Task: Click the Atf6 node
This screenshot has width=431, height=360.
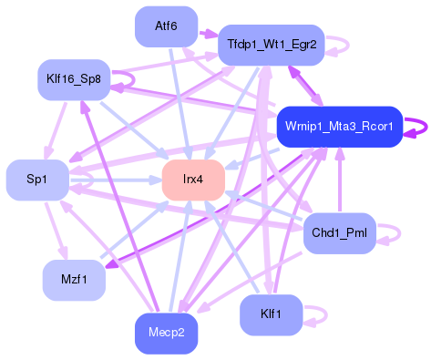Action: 166,26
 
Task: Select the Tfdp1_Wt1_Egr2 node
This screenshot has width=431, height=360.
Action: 272,45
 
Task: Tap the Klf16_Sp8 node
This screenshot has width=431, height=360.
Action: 74,79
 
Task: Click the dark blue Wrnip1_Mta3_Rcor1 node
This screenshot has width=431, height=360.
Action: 339,127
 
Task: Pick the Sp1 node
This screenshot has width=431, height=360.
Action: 37,180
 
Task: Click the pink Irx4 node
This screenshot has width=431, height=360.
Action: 192,179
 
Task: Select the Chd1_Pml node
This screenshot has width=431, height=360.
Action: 339,233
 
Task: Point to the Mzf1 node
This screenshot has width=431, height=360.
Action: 74,279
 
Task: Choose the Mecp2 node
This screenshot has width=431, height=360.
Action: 166,332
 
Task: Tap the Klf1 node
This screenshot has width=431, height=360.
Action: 271,314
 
